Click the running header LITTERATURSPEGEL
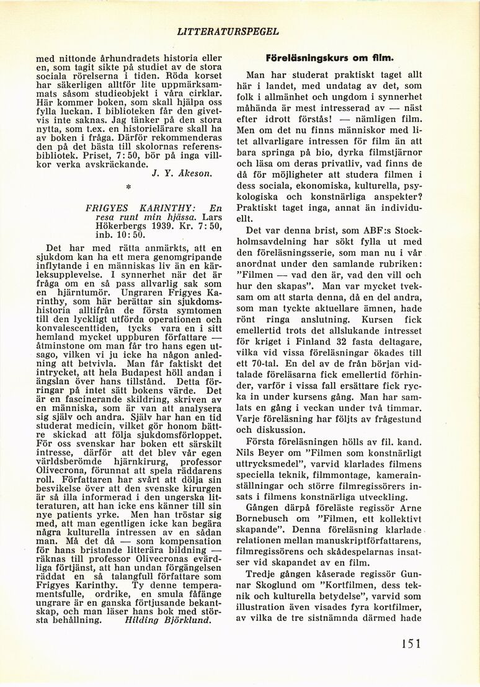point(228,30)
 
